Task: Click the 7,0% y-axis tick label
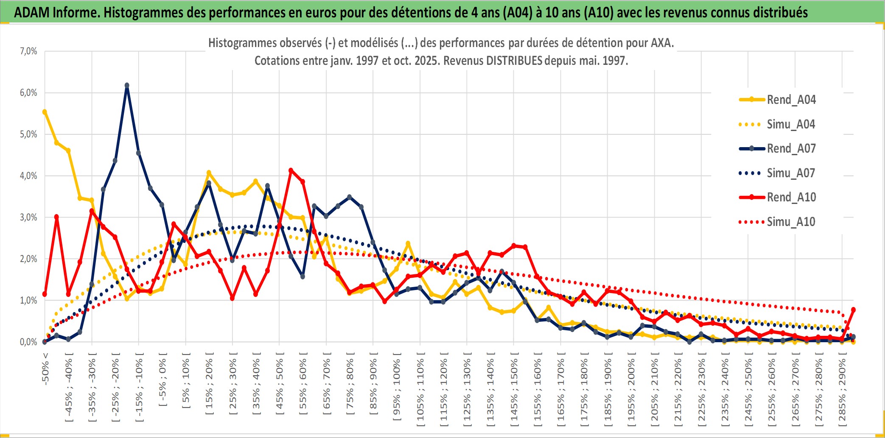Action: point(28,51)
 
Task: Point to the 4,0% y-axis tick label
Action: point(28,176)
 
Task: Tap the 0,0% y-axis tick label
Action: point(28,342)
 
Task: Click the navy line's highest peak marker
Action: point(127,85)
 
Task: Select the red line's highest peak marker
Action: point(291,170)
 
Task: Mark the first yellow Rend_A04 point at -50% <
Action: point(45,112)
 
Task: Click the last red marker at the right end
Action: point(853,310)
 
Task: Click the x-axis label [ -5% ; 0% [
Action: point(162,379)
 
